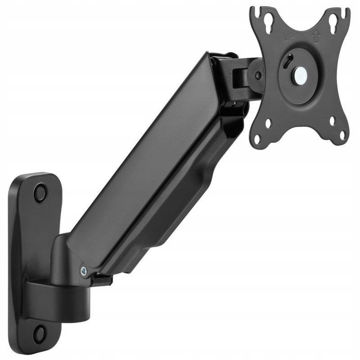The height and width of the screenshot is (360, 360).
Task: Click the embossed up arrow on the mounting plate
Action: coord(316,37)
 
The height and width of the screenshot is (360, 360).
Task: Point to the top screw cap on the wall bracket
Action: coord(40,192)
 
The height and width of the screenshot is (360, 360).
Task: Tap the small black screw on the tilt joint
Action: coord(258,75)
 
